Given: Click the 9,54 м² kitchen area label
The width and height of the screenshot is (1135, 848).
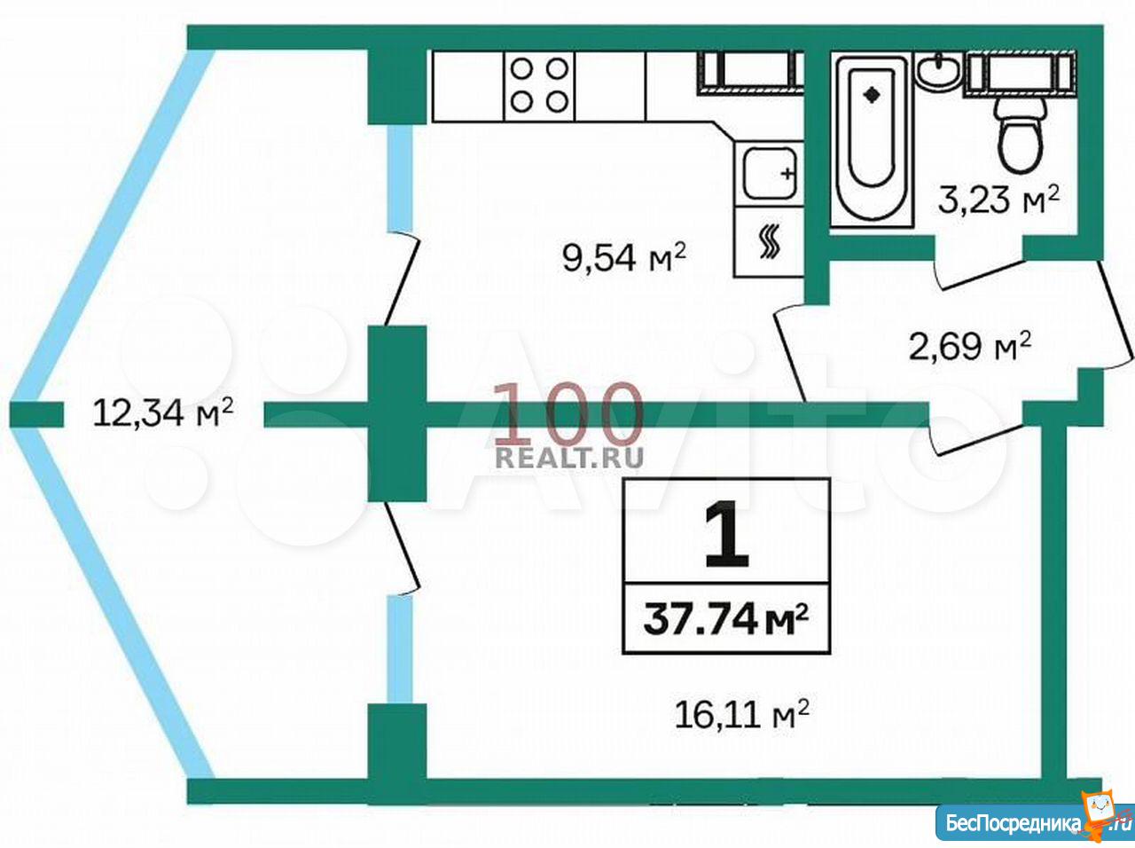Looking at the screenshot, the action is pos(623,257).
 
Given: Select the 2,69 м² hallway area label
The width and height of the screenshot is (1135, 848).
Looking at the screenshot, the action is pos(970,347).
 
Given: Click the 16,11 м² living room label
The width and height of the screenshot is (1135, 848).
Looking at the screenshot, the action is pos(741,714).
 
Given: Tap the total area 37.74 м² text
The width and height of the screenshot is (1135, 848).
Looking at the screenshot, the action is pos(726,620).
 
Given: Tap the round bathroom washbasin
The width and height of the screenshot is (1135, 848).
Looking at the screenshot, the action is pos(940,73).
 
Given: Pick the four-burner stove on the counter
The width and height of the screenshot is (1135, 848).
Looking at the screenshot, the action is pos(539,86).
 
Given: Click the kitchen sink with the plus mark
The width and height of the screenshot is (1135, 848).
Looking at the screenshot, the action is pos(770,173).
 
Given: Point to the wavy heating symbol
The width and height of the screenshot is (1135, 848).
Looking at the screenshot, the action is pos(770,242).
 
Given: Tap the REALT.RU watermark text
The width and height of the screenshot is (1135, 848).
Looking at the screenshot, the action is pos(570,457).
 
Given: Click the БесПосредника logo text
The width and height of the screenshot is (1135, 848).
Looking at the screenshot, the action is pos(1011,823).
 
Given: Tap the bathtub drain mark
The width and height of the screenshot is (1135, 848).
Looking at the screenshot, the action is pos(873,95).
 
